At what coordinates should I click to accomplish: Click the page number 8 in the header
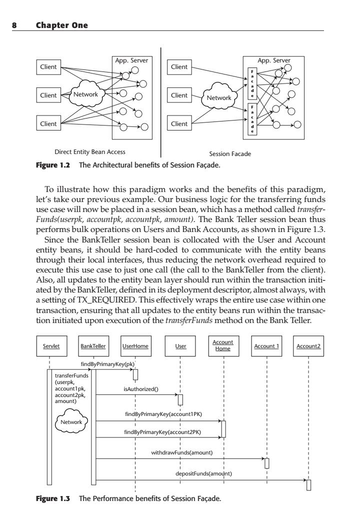point(14,25)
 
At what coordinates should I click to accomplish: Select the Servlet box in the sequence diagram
point(51,346)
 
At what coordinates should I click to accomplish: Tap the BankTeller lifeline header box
point(93,346)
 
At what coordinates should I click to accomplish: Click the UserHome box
point(135,346)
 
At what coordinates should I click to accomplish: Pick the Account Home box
point(223,346)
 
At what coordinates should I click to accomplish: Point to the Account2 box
point(308,346)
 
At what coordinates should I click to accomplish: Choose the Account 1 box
point(266,346)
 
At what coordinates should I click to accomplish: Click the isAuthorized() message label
point(141,389)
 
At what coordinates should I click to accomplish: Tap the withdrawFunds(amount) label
point(182,452)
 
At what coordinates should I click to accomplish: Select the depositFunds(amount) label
point(204,473)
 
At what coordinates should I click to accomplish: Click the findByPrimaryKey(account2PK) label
point(162,432)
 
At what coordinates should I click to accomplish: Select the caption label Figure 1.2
point(53,165)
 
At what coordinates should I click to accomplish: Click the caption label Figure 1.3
point(53,498)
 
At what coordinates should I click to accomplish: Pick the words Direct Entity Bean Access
point(90,152)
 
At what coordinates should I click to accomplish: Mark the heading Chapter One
point(62,25)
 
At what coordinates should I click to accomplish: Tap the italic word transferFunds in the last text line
point(189,320)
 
